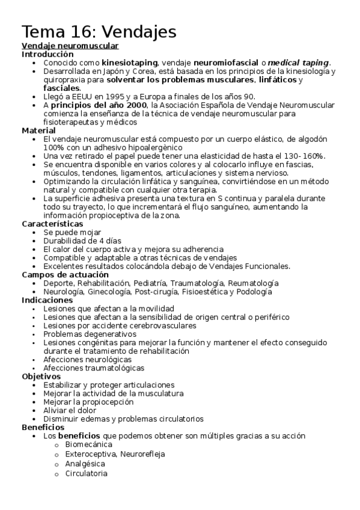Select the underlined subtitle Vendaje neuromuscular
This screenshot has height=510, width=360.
[x=70, y=46]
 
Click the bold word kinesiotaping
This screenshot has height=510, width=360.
[x=129, y=62]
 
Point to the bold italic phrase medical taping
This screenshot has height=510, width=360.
[x=299, y=62]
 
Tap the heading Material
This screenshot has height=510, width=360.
[x=39, y=130]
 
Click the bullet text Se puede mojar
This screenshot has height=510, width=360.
[x=72, y=232]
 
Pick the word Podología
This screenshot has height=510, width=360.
[x=254, y=292]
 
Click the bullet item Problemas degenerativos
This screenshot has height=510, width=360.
[x=90, y=334]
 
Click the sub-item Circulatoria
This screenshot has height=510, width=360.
[x=86, y=473]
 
